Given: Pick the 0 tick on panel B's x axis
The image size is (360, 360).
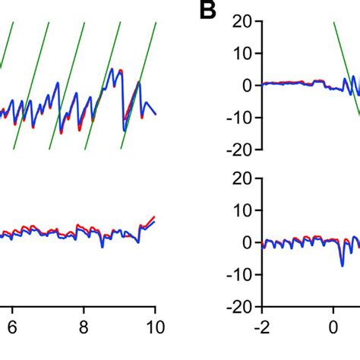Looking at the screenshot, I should tap(333, 332).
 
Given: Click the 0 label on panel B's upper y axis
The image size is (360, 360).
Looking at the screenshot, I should tap(247, 86).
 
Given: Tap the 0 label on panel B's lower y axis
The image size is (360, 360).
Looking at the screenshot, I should tap(247, 242).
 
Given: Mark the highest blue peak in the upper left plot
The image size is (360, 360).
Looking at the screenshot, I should tap(112, 70).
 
